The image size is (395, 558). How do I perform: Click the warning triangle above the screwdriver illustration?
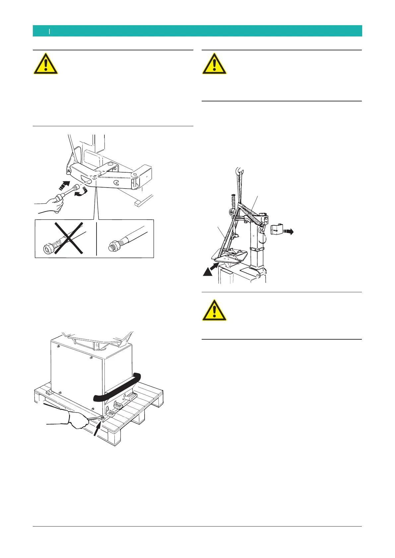45,64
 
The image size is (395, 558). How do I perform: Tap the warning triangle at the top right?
215,64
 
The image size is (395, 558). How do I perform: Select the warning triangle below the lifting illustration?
215,310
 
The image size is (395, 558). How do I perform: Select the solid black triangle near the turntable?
208,272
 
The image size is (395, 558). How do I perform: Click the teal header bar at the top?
197,31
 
